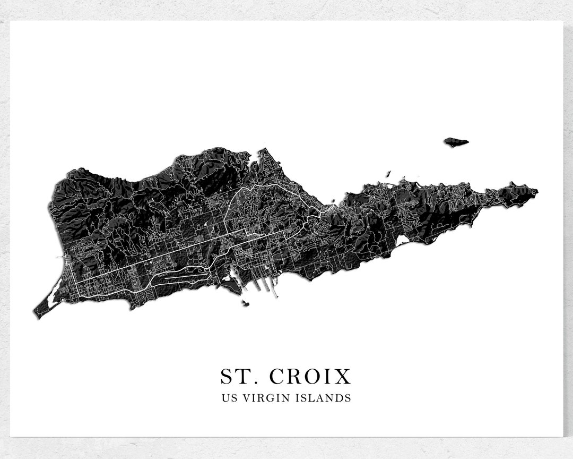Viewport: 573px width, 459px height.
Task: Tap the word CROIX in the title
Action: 310,377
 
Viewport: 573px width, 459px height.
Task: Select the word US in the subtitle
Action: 229,398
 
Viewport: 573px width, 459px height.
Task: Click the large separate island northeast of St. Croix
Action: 456,142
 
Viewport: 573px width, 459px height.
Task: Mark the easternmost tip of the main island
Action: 537,191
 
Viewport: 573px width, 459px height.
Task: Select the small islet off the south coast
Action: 246,303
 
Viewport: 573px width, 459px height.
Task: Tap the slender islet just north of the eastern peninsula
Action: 388,173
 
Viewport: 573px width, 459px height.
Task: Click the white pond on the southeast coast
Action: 402,241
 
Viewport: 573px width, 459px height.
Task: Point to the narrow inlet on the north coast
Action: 258,157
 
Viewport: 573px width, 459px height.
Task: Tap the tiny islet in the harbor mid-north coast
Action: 333,201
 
